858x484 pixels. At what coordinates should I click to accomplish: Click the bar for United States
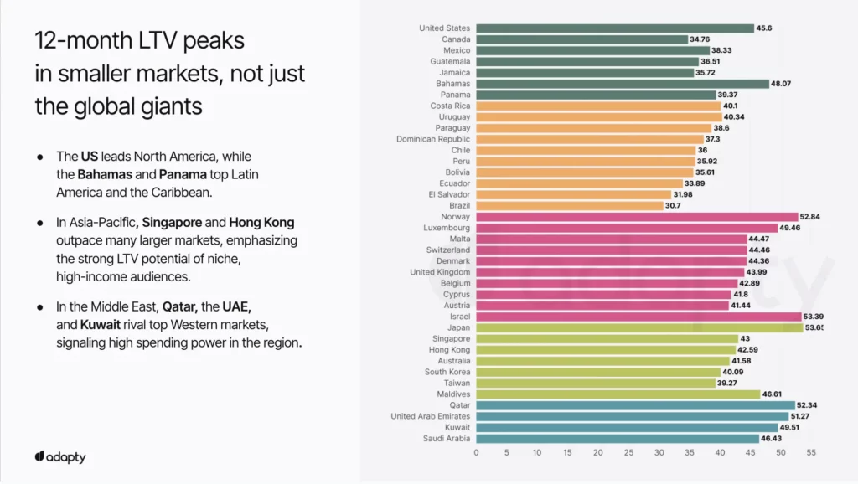pos(615,28)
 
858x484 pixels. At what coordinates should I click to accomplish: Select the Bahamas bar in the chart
pos(623,84)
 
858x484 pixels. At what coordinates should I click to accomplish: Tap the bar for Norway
pos(637,217)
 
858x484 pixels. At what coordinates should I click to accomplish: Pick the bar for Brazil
pos(569,205)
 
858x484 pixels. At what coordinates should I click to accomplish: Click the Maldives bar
pos(618,394)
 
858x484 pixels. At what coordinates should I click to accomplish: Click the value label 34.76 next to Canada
pos(700,39)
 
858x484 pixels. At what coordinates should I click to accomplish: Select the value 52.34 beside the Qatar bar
pos(808,405)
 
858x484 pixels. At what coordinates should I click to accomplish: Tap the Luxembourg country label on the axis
pos(447,228)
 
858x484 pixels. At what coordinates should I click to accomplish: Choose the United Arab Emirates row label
pos(431,416)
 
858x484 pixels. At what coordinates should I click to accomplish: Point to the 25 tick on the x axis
pos(628,452)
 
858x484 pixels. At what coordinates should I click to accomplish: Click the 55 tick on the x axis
pos(811,452)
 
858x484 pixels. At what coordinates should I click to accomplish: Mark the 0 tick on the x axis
pos(477,452)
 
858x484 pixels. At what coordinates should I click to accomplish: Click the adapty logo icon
pos(39,457)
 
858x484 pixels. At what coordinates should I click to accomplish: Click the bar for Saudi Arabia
pos(618,438)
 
